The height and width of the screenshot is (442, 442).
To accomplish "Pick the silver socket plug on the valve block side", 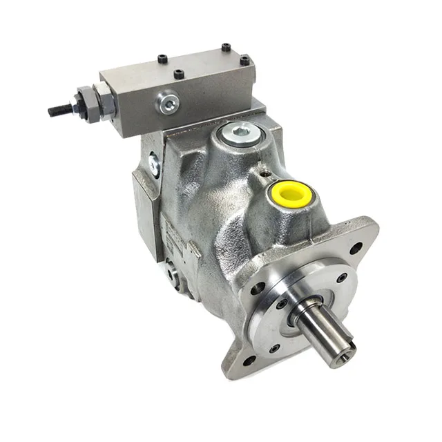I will point(166,104).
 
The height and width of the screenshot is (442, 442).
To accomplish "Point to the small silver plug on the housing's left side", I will point(153,164).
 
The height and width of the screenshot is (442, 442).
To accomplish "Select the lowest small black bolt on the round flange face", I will point(274,349).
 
